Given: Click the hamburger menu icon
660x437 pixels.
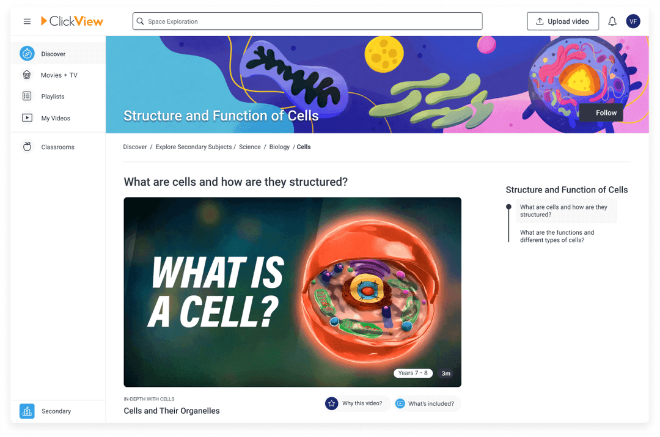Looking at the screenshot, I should tap(27, 21).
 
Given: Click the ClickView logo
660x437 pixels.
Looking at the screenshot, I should tap(72, 21).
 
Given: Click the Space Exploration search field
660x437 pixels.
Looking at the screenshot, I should tap(307, 21).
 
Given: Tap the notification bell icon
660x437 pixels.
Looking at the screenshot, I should tap(612, 21).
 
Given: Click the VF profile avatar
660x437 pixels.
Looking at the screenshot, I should tap(633, 21).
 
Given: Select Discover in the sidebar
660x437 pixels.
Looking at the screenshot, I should tap(53, 54).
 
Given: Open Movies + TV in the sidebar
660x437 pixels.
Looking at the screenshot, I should tap(59, 75).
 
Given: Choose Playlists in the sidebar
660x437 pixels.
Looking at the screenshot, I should tap(53, 97).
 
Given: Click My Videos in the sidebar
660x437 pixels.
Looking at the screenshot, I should tap(56, 118).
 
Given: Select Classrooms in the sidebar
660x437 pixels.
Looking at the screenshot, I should tap(57, 147).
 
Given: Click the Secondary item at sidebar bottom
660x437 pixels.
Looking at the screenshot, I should tap(56, 411).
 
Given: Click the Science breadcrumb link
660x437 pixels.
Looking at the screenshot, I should tap(249, 147).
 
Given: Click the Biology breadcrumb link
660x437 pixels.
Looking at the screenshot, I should tap(279, 147).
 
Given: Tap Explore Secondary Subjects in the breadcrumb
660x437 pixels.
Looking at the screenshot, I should tap(193, 147).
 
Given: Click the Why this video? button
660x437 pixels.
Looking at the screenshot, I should tap(357, 403).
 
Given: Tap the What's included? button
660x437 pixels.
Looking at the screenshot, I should tap(427, 403).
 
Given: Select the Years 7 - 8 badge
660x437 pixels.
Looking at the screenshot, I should tap(413, 373).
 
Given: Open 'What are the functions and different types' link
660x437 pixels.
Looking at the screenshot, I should tap(557, 237).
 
